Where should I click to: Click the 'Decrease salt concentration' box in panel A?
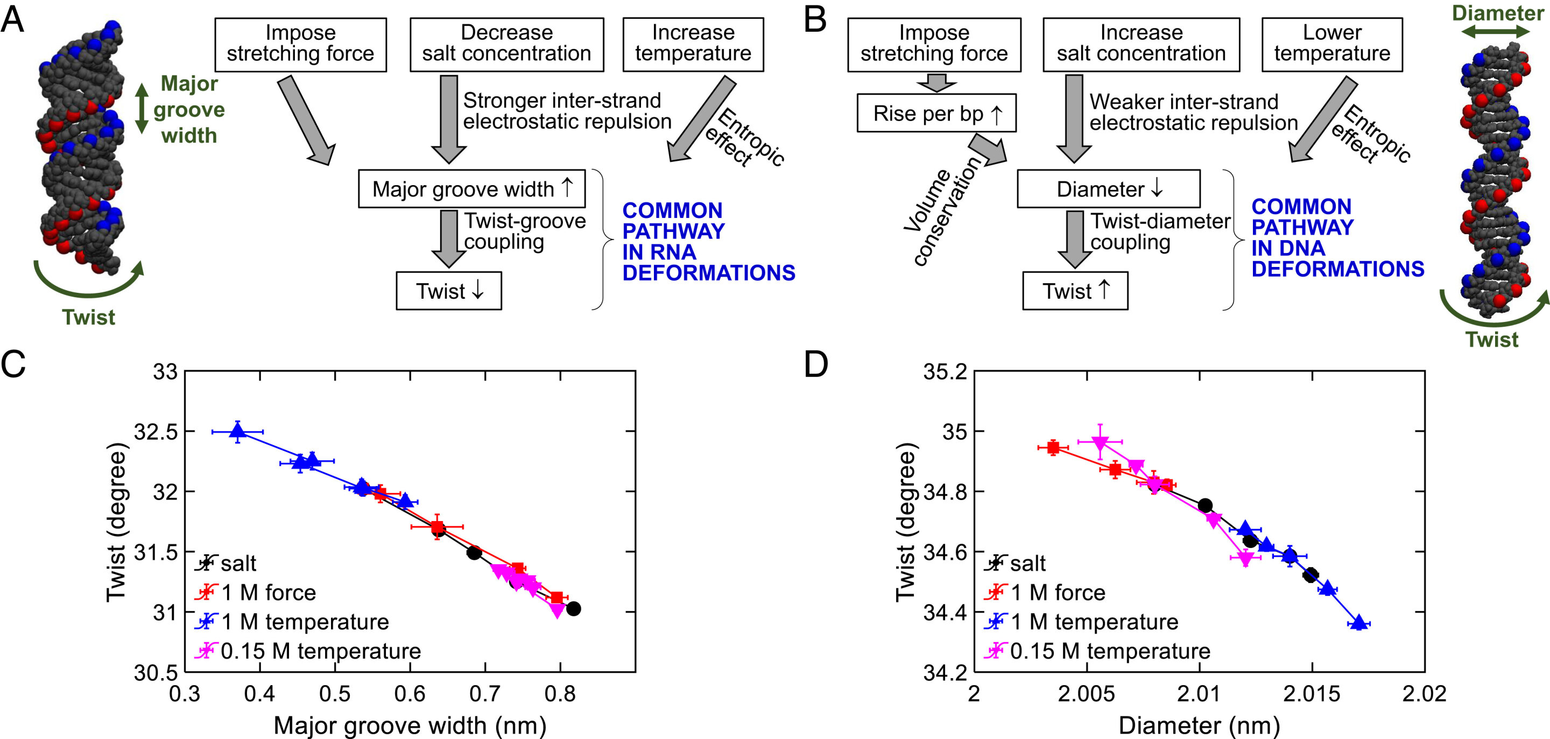click(x=506, y=44)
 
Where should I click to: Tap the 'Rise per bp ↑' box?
click(x=936, y=113)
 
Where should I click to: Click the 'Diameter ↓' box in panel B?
click(x=1108, y=189)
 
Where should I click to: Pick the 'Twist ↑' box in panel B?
click(x=1075, y=291)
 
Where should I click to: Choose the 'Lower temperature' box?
click(x=1331, y=44)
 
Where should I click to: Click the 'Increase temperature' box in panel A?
click(x=693, y=44)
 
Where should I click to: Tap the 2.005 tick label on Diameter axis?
click(x=1086, y=694)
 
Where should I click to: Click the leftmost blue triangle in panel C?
click(x=238, y=431)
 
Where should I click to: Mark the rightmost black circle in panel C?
click(x=573, y=608)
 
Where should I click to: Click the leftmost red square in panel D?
click(x=1053, y=448)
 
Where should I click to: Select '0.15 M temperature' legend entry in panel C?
click(x=320, y=651)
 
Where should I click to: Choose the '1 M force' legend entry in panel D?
click(x=1057, y=593)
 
